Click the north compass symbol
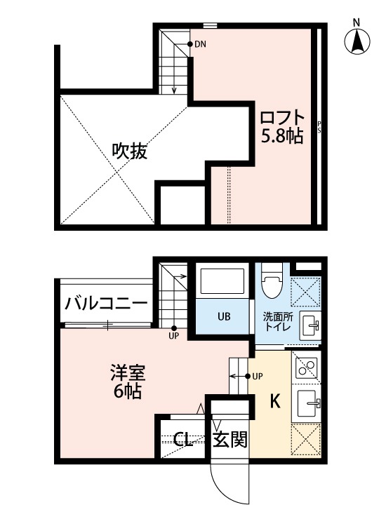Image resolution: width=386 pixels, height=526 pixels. pos(357,41)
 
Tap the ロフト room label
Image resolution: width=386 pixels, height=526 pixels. pos(281,116)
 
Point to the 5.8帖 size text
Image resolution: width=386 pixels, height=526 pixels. pos(281,136)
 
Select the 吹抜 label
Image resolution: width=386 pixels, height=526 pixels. pos(130,151)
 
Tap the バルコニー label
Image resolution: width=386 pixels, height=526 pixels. pos(106,303)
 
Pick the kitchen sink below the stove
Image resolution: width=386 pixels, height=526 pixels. pos(307,403)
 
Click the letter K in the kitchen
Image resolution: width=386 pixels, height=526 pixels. pos(275,402)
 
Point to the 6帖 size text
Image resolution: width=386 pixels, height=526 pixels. pos(127,393)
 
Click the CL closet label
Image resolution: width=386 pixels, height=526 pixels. pos(184,440)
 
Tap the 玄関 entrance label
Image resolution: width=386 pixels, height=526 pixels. pos(229,440)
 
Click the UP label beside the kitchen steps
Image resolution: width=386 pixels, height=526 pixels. pos(258,376)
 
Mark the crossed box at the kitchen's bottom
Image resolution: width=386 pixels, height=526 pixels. pos(306,438)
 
